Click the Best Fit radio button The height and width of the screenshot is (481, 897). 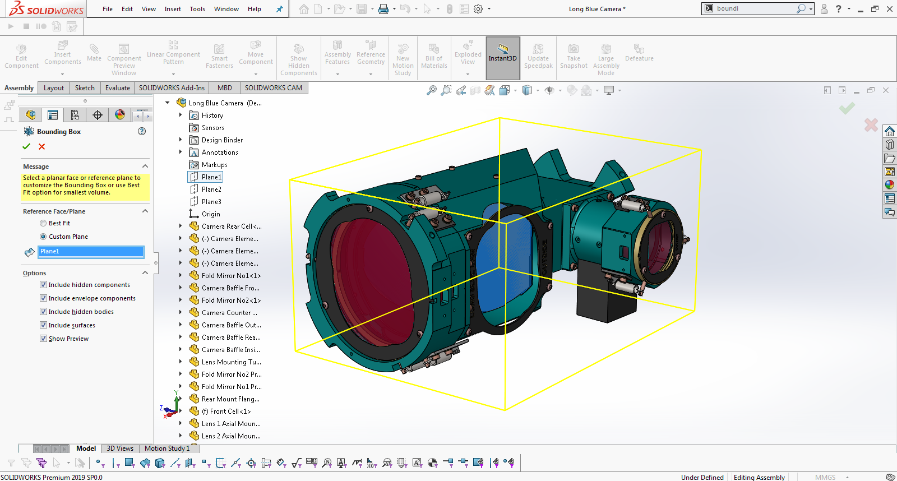43,223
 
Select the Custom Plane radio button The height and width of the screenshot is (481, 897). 43,237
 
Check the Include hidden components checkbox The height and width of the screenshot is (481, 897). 43,285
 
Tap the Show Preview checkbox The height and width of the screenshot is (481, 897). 43,339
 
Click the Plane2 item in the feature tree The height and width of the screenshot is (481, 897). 211,189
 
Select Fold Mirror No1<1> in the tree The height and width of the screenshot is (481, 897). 230,276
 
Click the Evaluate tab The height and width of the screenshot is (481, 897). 118,88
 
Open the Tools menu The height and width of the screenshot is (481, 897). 197,9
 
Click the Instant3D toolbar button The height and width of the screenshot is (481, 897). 502,58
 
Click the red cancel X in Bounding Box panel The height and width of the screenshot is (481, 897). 41,146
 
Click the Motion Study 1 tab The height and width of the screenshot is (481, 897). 167,448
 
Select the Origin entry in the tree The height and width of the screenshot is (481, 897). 211,214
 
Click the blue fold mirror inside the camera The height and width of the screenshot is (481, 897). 505,252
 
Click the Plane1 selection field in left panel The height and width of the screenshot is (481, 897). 91,252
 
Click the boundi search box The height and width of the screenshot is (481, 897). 754,8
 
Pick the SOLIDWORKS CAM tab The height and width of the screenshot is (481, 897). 273,88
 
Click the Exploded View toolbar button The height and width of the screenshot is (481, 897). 468,58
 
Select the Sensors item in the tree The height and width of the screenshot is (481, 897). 212,128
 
